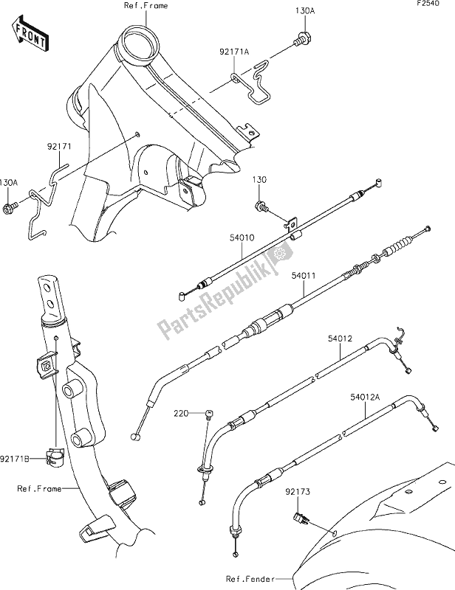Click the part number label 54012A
(x=366, y=397)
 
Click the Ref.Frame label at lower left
(x=39, y=488)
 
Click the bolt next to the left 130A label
(x=10, y=209)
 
